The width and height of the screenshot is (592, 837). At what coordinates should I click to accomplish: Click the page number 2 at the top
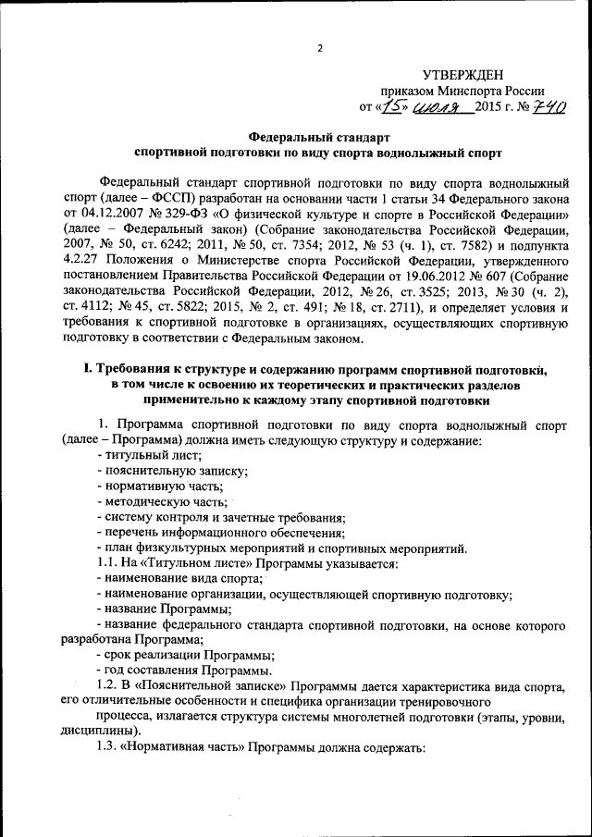319,50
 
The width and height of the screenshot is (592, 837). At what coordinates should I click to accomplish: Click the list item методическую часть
161,500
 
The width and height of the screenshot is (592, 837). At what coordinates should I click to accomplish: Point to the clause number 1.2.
107,685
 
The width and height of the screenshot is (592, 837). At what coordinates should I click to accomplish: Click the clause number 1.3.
107,745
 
